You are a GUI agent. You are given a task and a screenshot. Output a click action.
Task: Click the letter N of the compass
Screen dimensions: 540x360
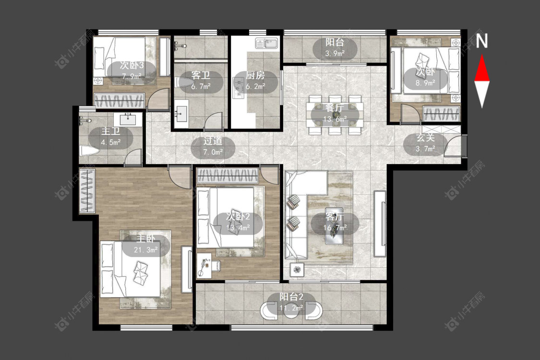(x=482, y=41)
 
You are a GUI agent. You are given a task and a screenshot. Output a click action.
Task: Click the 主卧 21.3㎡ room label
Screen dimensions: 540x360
(x=145, y=244)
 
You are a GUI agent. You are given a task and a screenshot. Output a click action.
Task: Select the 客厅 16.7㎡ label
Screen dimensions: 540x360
(x=335, y=222)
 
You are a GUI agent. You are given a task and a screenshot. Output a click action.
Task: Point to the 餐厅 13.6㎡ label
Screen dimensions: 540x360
(x=335, y=113)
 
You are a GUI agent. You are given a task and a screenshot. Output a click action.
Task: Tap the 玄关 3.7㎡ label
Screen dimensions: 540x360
(x=425, y=143)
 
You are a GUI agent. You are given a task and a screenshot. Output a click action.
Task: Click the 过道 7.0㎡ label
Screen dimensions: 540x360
(x=213, y=146)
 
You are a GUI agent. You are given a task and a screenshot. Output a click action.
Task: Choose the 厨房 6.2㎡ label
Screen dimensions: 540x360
(x=255, y=81)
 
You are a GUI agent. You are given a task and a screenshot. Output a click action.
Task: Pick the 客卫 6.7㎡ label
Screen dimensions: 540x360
(x=201, y=81)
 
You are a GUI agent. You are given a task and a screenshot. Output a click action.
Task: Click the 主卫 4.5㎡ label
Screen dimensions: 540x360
(x=110, y=136)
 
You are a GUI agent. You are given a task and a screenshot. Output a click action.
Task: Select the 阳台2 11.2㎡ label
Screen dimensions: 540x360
(x=291, y=302)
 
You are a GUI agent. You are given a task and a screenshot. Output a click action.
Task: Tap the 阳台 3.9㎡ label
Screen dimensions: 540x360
(x=335, y=48)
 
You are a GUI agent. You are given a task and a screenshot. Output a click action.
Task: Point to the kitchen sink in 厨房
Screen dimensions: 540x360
(x=267, y=44)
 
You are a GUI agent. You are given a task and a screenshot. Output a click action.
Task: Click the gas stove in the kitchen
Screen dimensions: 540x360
(x=238, y=88)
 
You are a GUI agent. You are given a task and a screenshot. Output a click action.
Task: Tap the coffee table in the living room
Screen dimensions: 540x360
(x=334, y=226)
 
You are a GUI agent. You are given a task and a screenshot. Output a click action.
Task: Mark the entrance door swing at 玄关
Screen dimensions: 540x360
(x=453, y=146)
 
